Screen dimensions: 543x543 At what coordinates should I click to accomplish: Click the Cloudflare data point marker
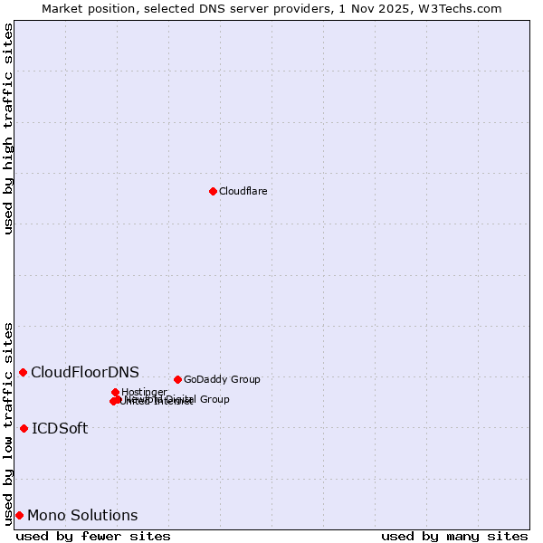213,191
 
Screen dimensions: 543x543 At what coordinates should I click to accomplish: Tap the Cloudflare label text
243,191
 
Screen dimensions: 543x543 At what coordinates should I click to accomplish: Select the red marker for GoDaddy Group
177,379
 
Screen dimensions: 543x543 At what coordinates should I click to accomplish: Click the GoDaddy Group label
222,379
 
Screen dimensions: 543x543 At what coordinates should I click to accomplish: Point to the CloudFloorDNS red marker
23,372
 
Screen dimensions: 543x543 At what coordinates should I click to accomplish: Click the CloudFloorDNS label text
85,372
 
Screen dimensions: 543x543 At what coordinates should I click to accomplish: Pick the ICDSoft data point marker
24,428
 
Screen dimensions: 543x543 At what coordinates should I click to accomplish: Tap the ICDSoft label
60,428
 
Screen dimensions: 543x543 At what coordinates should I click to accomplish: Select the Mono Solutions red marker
19,515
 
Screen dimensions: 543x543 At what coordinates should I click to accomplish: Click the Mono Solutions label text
82,515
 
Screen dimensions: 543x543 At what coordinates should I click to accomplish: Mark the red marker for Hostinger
116,392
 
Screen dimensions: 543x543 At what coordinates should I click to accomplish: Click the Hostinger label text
144,392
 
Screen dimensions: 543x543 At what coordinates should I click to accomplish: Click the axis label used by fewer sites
93,536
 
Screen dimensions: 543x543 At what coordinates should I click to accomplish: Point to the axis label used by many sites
454,536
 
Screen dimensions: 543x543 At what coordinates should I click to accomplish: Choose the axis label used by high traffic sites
9,129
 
